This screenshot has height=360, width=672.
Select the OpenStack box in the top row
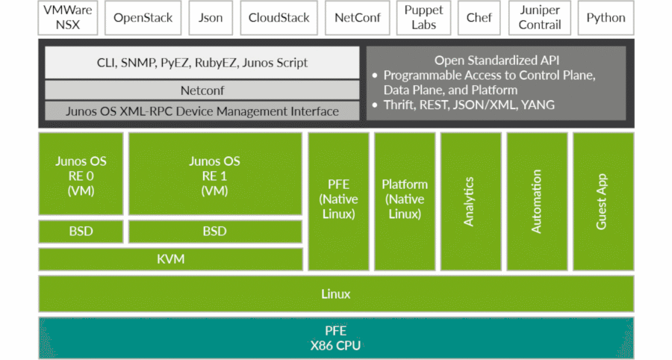(143, 18)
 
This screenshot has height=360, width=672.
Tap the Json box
(211, 18)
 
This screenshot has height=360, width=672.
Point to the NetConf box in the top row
(357, 18)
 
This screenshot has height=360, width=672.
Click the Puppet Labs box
(423, 18)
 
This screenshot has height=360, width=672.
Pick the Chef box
(479, 18)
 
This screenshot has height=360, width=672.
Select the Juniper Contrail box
(540, 18)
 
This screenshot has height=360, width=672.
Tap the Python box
(606, 18)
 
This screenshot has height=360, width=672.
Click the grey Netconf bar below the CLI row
(202, 90)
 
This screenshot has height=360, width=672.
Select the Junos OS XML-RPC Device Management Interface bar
(202, 111)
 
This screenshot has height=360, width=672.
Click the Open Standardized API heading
(496, 59)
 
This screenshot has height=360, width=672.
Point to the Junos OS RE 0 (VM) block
(81, 175)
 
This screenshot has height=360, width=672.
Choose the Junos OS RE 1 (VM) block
(215, 175)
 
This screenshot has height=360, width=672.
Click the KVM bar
(170, 259)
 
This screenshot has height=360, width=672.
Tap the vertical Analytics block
(470, 202)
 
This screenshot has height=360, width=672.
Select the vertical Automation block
(537, 202)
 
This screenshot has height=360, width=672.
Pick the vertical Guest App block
(603, 202)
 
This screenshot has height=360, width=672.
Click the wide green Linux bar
(336, 294)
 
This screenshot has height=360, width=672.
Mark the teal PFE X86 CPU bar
(336, 338)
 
